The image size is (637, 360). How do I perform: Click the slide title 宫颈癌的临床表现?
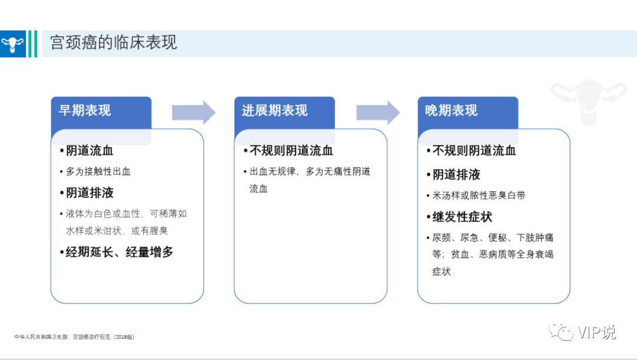113,42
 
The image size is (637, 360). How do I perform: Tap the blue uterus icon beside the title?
12,44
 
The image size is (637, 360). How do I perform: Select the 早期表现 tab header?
84,110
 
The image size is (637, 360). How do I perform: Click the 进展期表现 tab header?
275,110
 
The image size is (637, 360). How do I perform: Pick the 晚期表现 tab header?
451,110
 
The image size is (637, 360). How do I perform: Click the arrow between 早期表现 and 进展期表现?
193,113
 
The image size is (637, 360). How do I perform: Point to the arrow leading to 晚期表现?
378,113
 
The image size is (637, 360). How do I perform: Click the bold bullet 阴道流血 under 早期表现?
90,150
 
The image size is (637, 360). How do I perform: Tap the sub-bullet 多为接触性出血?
98,172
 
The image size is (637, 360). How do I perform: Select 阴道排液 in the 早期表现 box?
90,192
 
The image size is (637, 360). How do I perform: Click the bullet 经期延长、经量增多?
119,252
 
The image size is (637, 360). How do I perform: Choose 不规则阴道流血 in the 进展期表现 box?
291,150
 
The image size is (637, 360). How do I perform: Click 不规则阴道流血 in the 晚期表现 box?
474,150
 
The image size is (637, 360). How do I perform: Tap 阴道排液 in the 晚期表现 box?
456,175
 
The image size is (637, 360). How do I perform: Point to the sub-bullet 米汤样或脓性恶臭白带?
479,195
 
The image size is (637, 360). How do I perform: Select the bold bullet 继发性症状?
462,217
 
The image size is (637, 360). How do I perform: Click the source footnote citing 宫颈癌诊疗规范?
74,337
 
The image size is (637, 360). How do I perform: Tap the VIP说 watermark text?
597,332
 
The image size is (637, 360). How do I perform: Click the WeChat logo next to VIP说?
561,331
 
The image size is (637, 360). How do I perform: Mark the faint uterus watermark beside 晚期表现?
589,102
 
